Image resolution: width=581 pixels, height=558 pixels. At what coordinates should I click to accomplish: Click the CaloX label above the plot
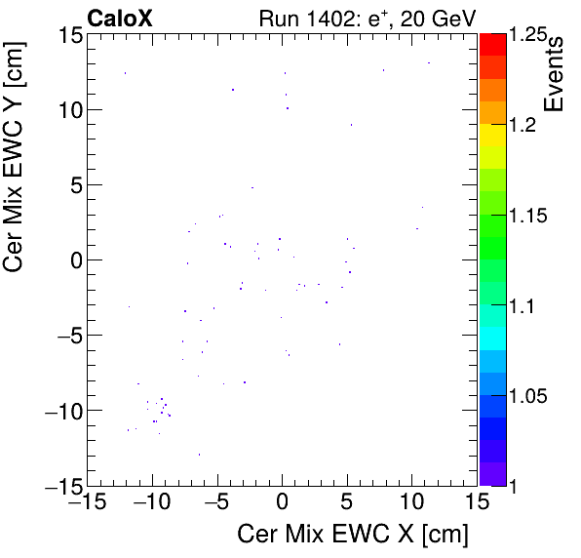[119, 18]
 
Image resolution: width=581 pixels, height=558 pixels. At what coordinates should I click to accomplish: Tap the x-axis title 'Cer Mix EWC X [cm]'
[353, 535]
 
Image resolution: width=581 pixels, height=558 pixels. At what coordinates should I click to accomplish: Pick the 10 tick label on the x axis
[411, 502]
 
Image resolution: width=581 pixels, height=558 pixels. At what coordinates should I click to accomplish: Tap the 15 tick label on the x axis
[477, 502]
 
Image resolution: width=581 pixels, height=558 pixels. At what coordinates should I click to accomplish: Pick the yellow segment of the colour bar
[493, 156]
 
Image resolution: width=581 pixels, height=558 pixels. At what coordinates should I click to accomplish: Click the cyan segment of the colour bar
[493, 337]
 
